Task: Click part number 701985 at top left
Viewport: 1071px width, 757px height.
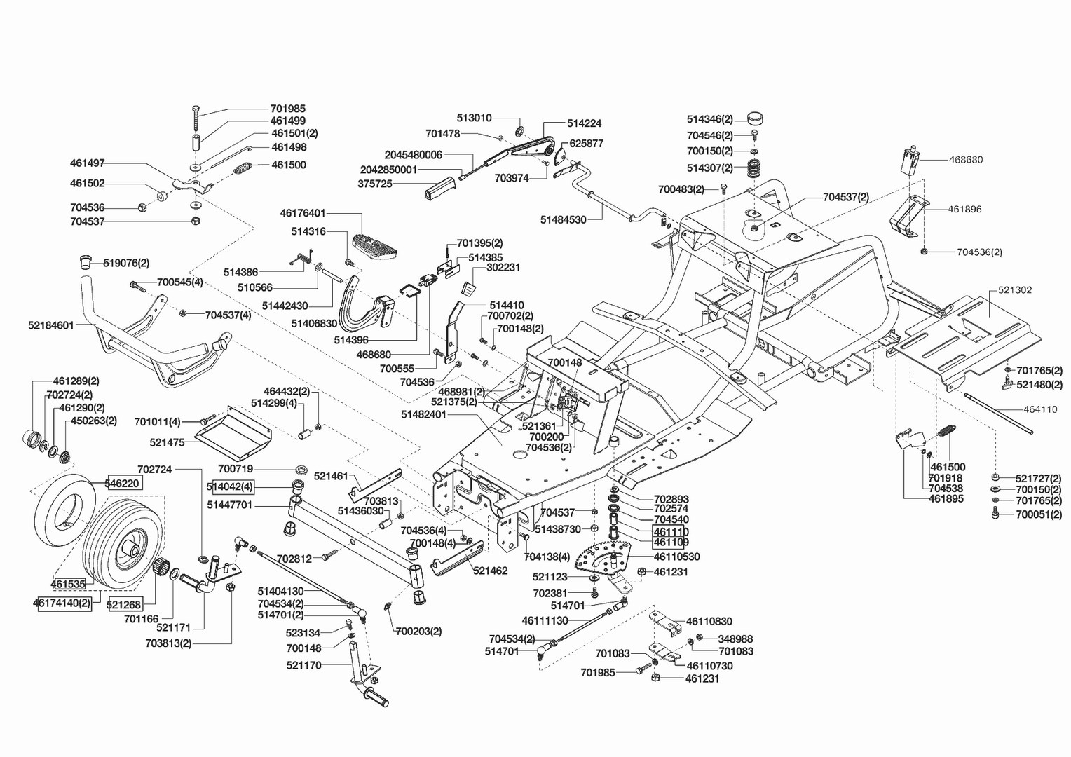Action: (287, 109)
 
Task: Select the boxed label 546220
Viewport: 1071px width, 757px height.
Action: (123, 483)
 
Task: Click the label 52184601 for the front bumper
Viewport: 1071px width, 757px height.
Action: (51, 325)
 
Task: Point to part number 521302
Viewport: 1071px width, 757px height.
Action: (1010, 289)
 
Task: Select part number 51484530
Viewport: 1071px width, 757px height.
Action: (563, 219)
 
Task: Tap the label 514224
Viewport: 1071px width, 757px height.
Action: (584, 123)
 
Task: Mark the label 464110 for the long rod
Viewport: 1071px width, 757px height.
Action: (1040, 409)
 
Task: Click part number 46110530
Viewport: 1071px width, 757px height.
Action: (676, 557)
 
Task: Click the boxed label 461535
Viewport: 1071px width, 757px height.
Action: (67, 583)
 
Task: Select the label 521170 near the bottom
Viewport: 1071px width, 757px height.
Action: (303, 665)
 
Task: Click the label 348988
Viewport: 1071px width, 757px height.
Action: (735, 639)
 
